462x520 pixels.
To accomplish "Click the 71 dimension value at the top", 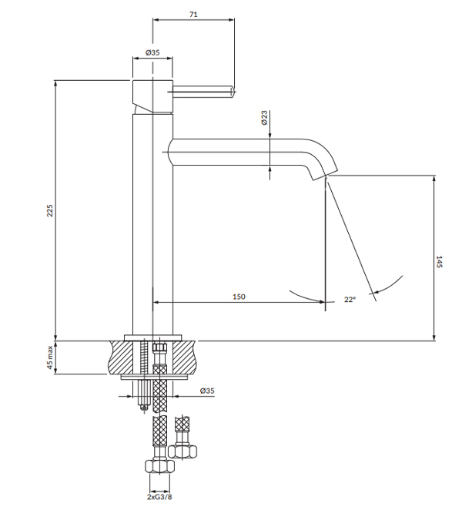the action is (x=193, y=15).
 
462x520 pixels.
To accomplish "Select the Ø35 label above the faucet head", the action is (x=152, y=52).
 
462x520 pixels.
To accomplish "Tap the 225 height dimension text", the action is (x=50, y=210).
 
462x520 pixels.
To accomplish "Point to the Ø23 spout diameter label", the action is (x=264, y=118).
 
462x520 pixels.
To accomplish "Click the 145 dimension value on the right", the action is (x=439, y=261).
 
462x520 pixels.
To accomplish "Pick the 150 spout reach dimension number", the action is (x=239, y=297).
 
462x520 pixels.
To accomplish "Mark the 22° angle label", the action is (x=350, y=300).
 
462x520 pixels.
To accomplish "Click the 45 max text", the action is (x=50, y=357).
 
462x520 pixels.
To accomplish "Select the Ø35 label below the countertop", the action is (x=207, y=391).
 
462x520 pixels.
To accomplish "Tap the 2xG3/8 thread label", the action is (x=159, y=497).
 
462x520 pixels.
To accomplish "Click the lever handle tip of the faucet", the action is (x=233, y=91).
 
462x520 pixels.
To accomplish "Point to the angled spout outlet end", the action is (x=324, y=175).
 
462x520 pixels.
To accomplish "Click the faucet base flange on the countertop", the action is (x=152, y=337).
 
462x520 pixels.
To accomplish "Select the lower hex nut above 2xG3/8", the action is (x=159, y=466).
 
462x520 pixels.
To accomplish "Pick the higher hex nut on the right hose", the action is (x=182, y=451).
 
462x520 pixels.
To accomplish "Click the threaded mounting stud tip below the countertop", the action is (x=144, y=408).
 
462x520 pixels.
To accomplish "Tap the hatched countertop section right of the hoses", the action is (x=182, y=357).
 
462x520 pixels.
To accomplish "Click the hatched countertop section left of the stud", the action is (x=123, y=357).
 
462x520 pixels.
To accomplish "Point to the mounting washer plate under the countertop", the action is (x=155, y=377).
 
